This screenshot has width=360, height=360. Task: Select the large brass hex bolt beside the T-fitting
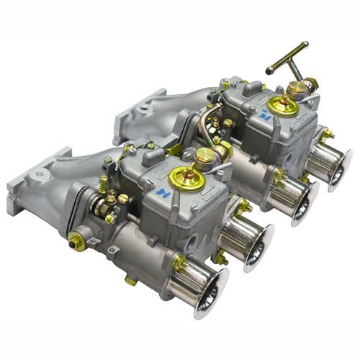(x=296, y=88)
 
